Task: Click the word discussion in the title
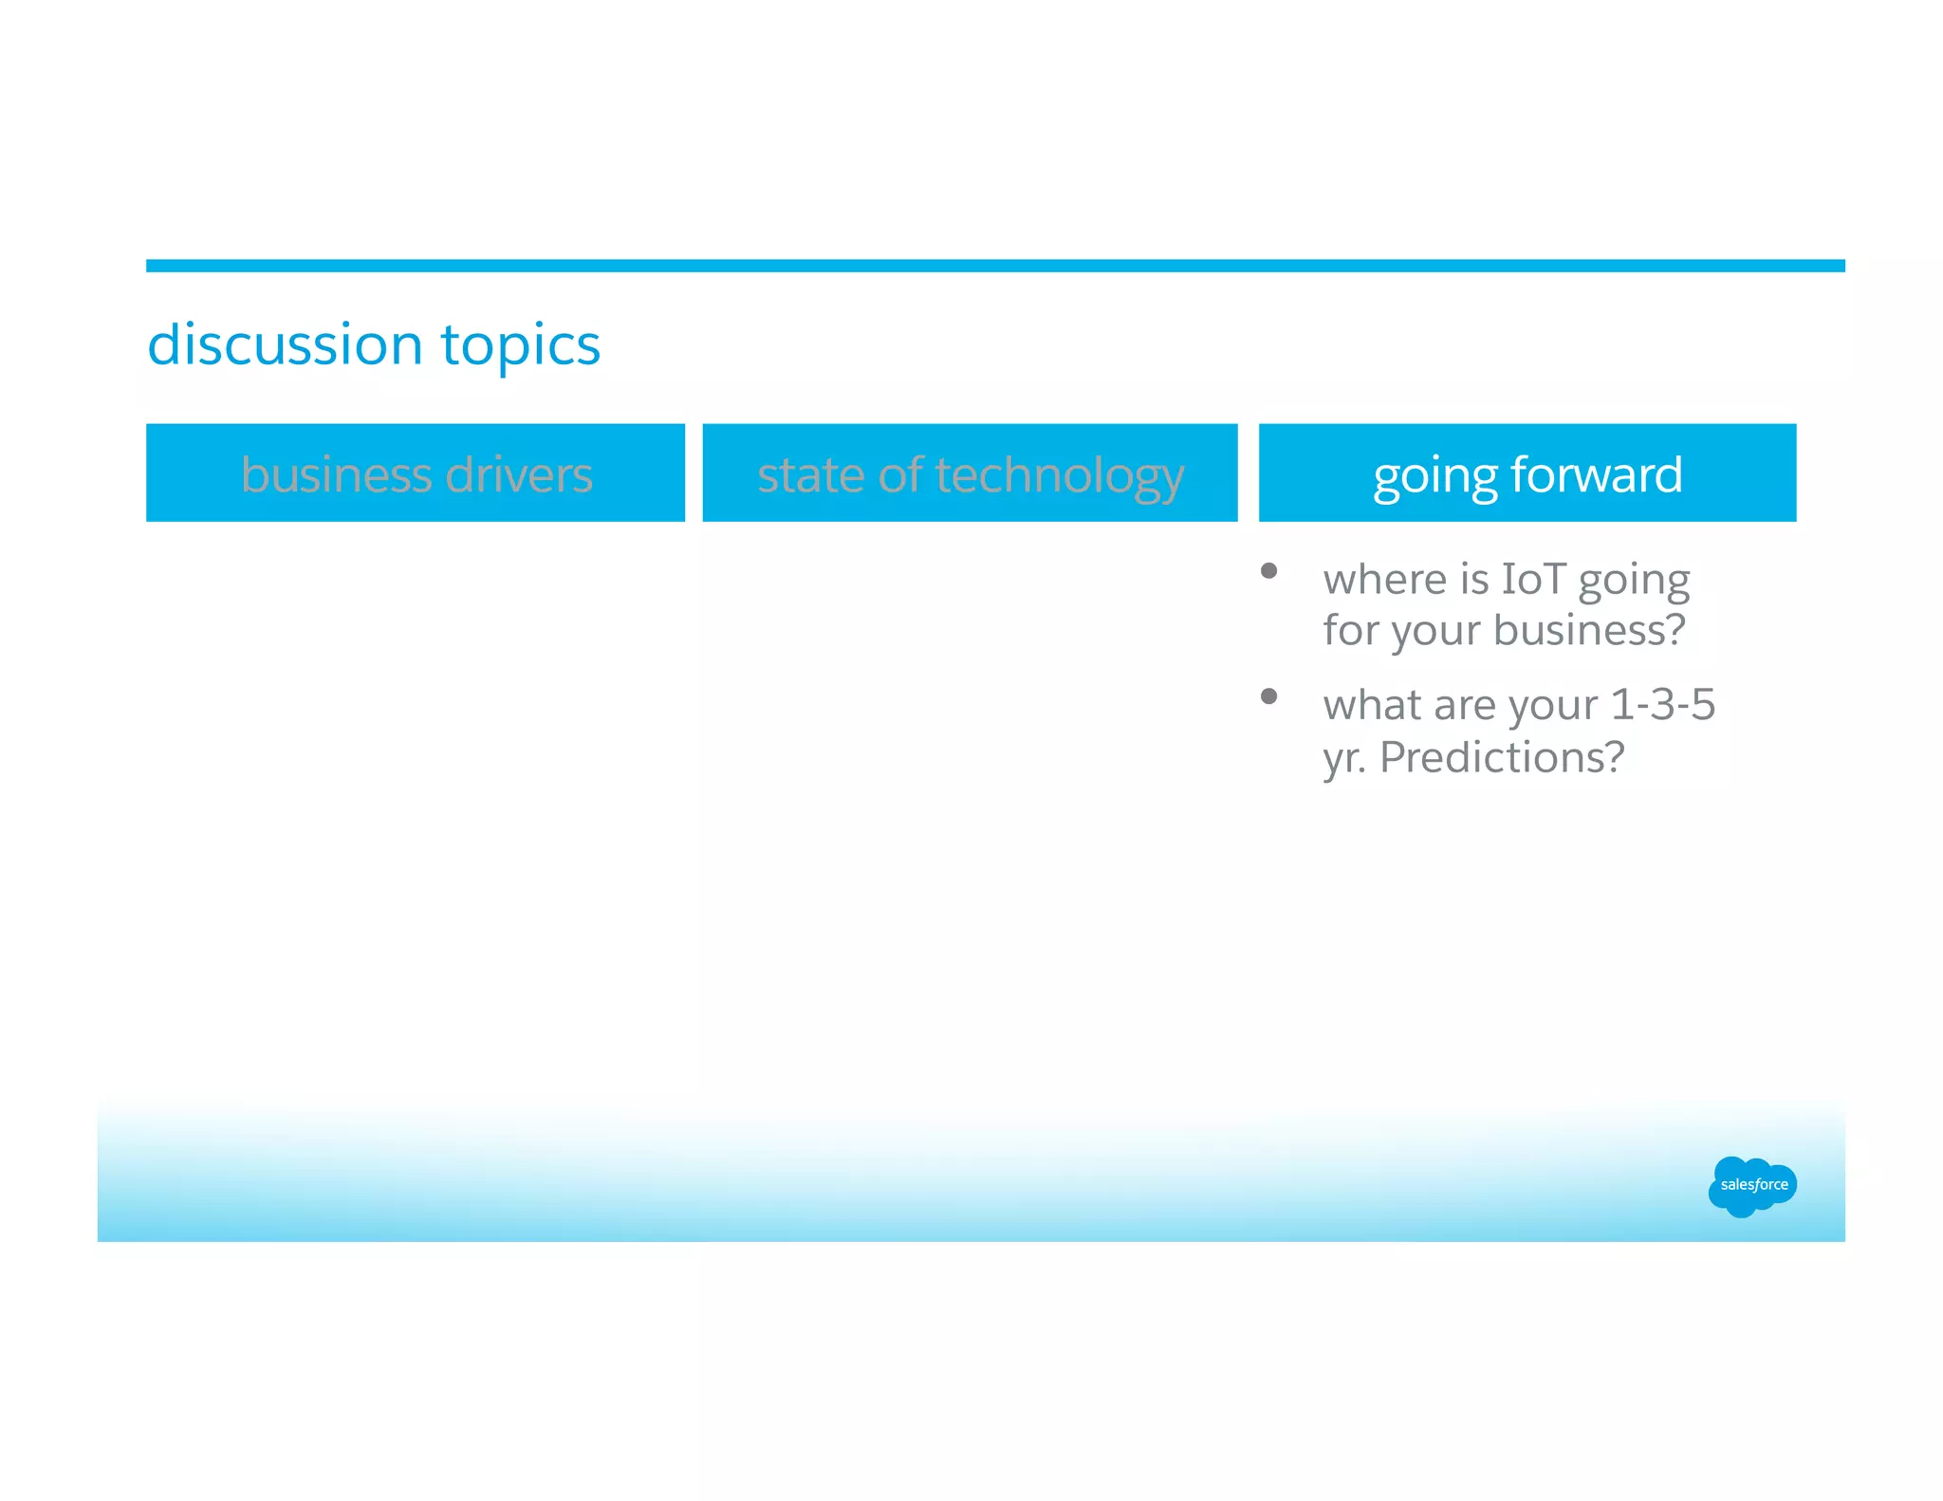285,343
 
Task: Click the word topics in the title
520,345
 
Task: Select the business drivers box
416,473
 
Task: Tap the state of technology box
970,473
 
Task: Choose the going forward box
1527,473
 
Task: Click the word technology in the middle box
1060,476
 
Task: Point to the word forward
1597,473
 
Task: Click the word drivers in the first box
519,473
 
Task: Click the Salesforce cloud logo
1751,1185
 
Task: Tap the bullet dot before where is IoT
1268,571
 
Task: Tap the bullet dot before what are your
1268,696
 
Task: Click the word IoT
1533,579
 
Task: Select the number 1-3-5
1662,704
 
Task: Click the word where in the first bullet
1384,579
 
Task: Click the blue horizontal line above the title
994,266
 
